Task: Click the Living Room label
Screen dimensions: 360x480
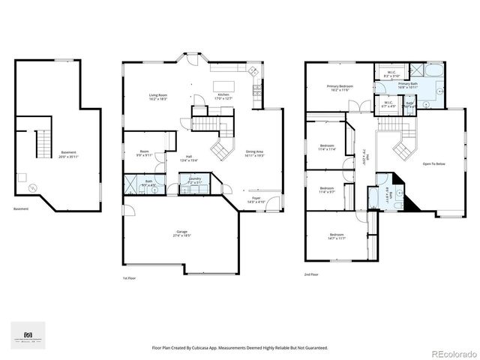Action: (158, 97)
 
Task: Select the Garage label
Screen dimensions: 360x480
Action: (181, 235)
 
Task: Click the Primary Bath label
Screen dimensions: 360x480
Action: (430, 85)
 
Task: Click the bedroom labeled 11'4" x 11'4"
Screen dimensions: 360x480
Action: (327, 147)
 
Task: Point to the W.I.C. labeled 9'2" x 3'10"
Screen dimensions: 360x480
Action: (391, 75)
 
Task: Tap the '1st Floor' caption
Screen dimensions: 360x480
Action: (128, 277)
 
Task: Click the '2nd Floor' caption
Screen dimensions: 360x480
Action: (311, 275)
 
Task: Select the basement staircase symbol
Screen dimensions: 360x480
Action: (41, 142)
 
